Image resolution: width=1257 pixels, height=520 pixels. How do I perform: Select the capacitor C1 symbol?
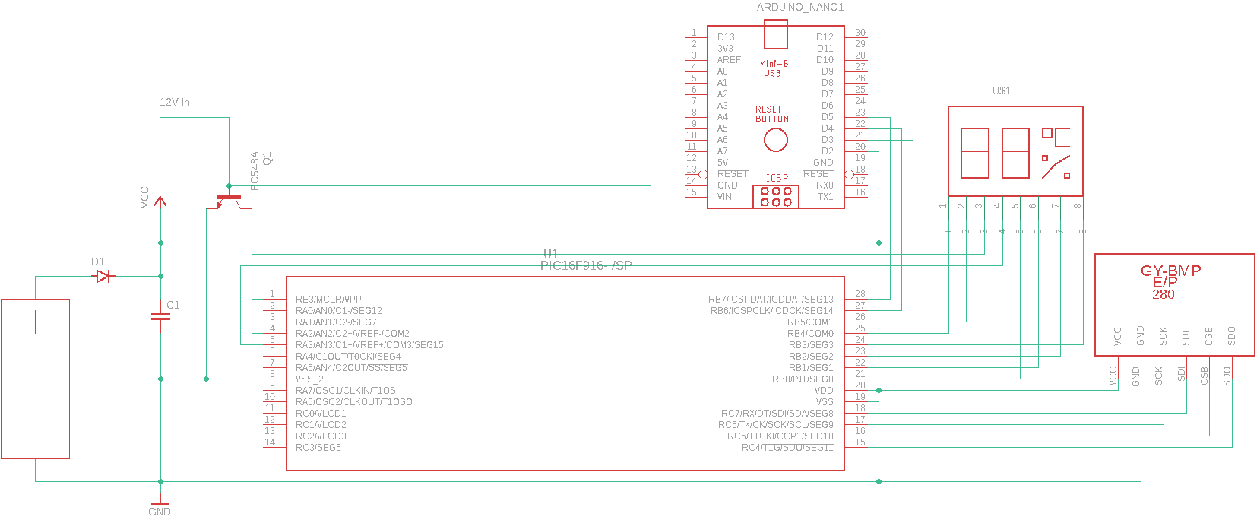coord(160,317)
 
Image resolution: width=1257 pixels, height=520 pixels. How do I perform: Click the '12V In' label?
coord(175,102)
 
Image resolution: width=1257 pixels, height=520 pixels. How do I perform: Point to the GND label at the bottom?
coord(160,512)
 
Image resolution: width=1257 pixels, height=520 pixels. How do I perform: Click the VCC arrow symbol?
coord(160,202)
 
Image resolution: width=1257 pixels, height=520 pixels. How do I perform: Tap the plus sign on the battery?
coord(35,322)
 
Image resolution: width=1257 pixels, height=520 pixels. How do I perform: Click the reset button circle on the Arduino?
coord(775,140)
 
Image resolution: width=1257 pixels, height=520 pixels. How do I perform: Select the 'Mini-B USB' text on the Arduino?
coord(774,68)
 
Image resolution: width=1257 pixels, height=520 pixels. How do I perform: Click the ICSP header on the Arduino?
coord(776,197)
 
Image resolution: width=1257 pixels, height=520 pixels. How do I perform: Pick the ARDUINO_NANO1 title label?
coord(800,8)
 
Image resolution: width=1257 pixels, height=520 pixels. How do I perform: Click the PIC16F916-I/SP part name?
coord(586,265)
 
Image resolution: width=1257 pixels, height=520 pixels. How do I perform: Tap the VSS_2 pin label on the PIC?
coord(309,379)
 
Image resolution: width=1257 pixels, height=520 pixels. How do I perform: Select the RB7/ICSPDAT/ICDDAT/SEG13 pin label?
coord(771,300)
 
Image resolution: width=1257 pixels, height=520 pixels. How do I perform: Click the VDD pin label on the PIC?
coord(824,391)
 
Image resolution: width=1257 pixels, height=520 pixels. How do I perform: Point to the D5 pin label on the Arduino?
coord(827,117)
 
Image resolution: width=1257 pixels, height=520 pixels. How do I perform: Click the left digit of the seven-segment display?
coord(975,153)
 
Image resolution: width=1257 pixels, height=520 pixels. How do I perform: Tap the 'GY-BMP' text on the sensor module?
coord(1170,271)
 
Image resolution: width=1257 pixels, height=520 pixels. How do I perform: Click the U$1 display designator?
coord(1002,91)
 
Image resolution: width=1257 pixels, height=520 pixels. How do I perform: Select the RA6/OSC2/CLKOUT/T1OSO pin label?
coord(353,402)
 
